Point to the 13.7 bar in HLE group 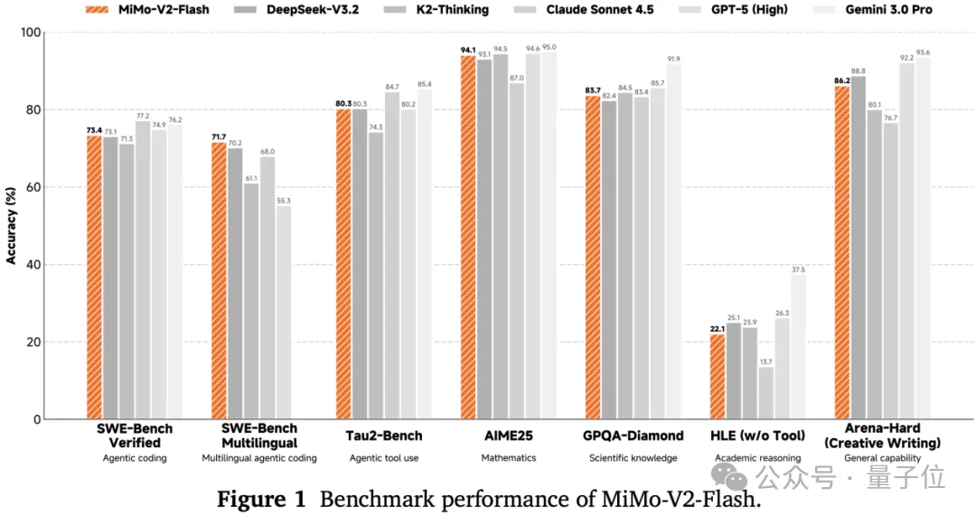(765, 393)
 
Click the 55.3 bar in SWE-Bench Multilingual (284, 313)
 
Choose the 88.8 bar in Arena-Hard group (858, 248)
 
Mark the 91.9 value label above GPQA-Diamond (673, 59)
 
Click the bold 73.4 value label (94, 130)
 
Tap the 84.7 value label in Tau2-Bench (392, 87)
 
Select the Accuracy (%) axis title (11, 226)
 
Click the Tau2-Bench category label (385, 436)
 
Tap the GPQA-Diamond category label (633, 436)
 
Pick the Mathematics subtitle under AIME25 (508, 458)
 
